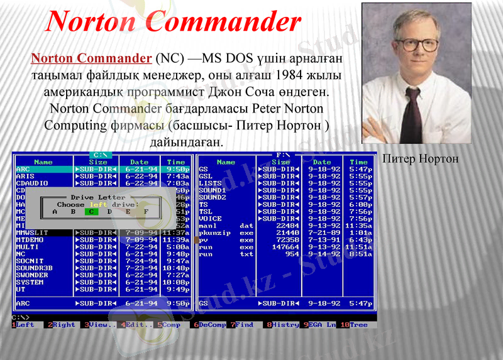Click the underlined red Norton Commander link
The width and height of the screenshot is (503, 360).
click(x=91, y=58)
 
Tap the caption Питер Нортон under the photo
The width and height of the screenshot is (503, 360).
click(x=420, y=159)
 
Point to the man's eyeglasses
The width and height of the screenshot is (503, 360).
click(x=420, y=45)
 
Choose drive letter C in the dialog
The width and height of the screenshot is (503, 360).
click(x=91, y=212)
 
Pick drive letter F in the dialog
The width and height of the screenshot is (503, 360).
click(x=146, y=212)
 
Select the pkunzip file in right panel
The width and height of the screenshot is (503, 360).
click(x=213, y=232)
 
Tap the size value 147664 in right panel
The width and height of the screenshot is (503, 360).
click(x=287, y=247)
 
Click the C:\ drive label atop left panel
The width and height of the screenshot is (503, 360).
click(x=101, y=155)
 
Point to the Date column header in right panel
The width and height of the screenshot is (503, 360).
click(x=321, y=162)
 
